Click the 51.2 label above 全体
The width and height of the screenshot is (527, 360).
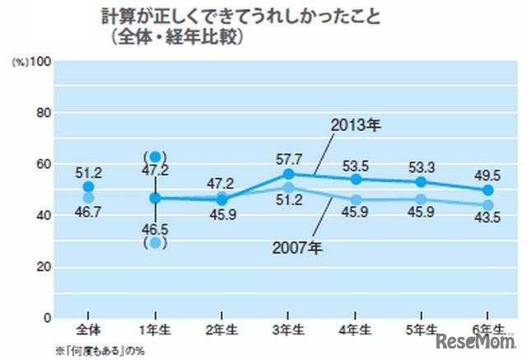pyautogui.click(x=89, y=173)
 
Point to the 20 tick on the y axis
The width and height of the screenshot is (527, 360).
pyautogui.click(x=43, y=267)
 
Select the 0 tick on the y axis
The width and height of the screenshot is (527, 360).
pyautogui.click(x=47, y=318)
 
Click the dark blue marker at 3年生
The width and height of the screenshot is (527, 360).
pyautogui.click(x=288, y=174)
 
